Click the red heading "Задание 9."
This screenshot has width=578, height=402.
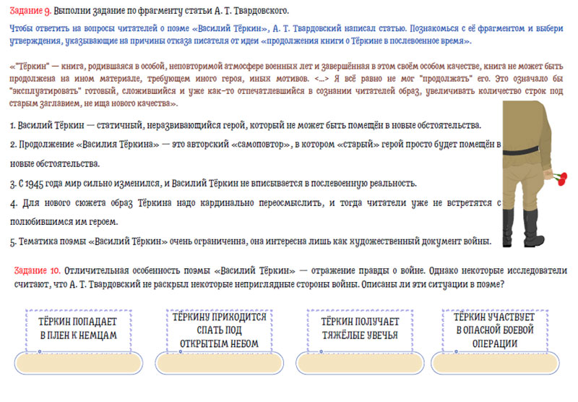point(31,10)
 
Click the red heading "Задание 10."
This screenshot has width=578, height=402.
point(37,270)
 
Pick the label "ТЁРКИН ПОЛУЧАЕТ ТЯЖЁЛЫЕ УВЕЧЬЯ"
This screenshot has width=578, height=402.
point(359,328)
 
